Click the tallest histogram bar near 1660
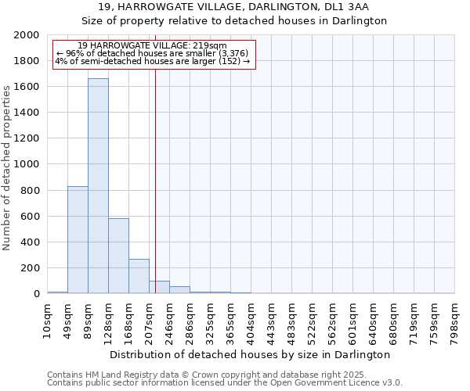click(98, 186)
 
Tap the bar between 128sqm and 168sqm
click(118, 256)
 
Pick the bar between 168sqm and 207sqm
click(139, 276)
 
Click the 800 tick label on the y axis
click(31, 190)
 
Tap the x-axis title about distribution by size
click(250, 354)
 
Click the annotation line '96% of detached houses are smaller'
click(153, 53)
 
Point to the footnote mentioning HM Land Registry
click(224, 375)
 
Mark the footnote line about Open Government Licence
click(224, 383)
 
